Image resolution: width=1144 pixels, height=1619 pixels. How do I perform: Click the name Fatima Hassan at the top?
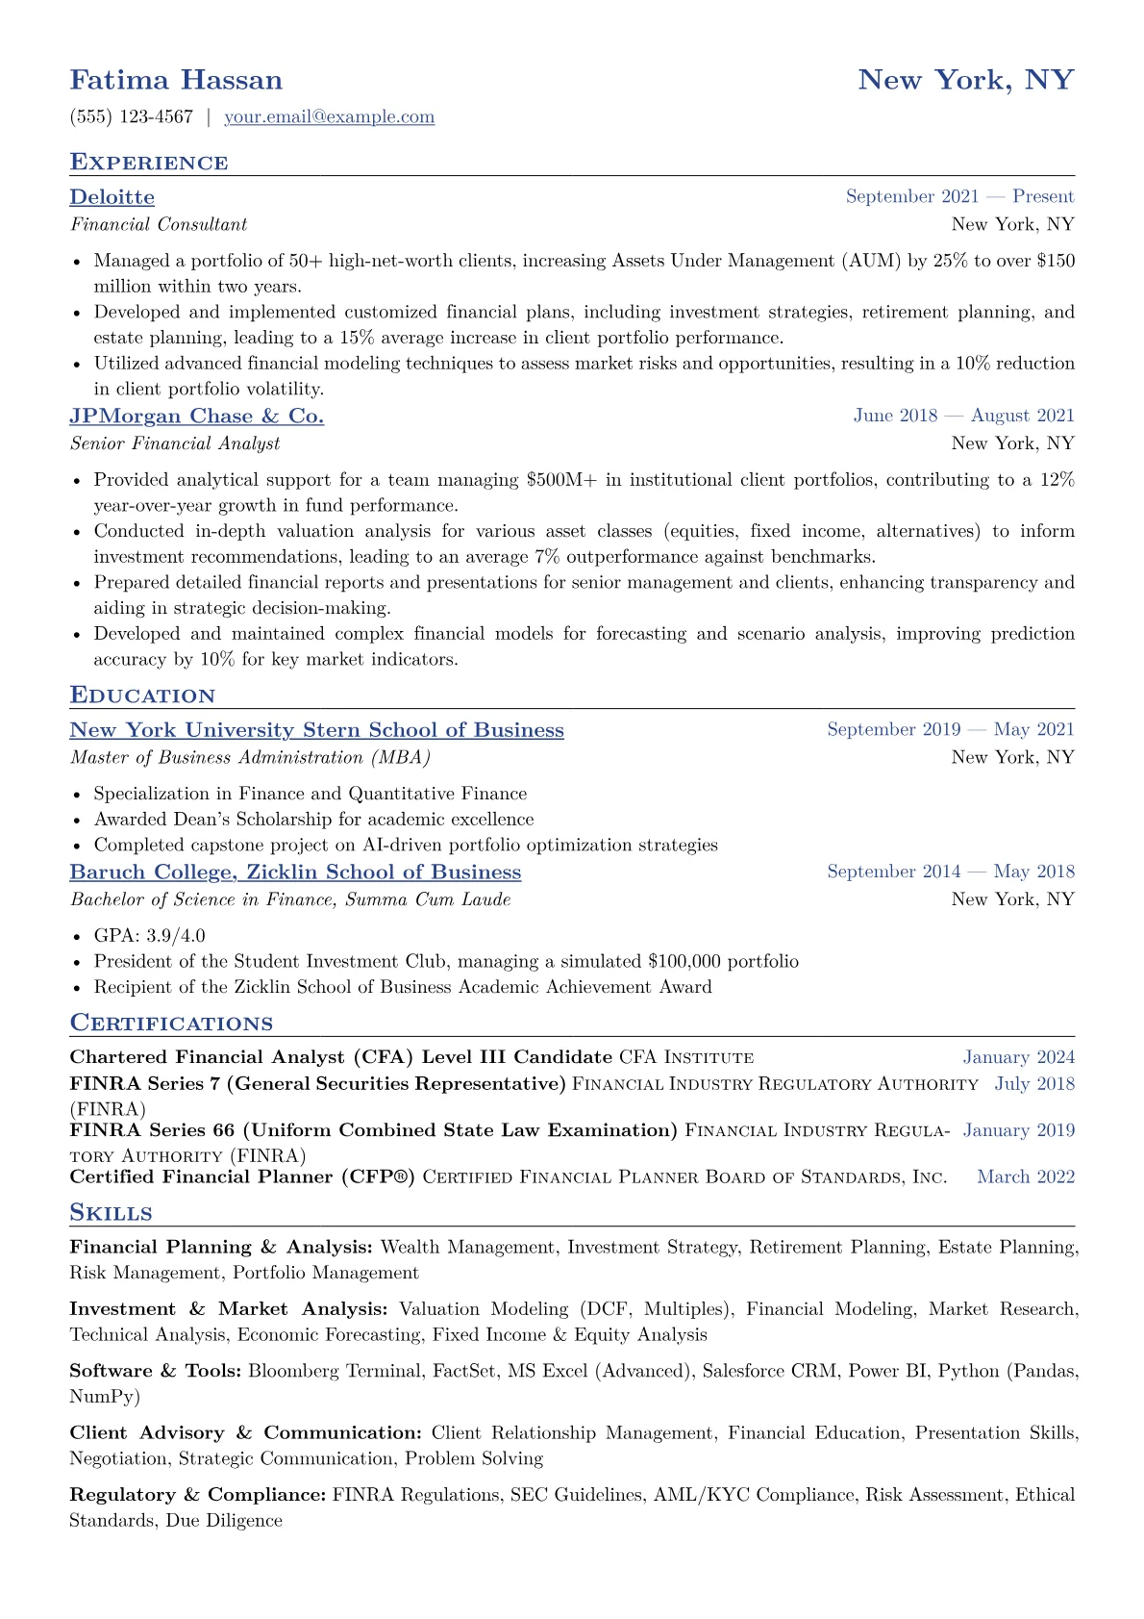coord(176,80)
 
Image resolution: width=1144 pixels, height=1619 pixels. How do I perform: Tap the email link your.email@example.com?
coord(329,117)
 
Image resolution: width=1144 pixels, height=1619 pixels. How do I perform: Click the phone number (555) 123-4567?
coord(131,117)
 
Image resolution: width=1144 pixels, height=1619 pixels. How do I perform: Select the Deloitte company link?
coord(112,197)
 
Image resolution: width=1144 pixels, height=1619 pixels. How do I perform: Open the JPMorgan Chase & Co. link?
coord(196,417)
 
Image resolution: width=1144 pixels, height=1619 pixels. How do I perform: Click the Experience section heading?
coord(149,163)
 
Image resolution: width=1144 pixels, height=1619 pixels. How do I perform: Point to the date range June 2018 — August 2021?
coord(963,416)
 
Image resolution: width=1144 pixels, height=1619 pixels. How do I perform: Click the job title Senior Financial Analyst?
coord(175,443)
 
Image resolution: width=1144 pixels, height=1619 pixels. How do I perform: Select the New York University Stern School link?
coord(316,730)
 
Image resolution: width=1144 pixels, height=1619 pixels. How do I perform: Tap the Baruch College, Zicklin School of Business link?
coord(295,873)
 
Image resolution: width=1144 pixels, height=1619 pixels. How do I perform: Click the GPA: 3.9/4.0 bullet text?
coord(149,936)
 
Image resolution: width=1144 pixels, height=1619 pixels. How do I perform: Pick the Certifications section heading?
coord(171,1024)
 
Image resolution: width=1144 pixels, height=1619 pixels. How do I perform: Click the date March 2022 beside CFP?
coord(1025,1177)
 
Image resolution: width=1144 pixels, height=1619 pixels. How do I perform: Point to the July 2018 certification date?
coord(1034,1084)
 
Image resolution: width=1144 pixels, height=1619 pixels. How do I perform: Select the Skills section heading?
coord(111,1213)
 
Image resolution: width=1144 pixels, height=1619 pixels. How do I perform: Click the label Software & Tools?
coord(155,1371)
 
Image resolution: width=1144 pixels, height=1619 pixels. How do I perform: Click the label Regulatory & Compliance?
coord(197,1495)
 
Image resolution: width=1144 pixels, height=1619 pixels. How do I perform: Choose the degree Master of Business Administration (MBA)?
coord(250,758)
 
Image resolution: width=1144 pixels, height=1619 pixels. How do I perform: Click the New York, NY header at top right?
coord(965,80)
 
